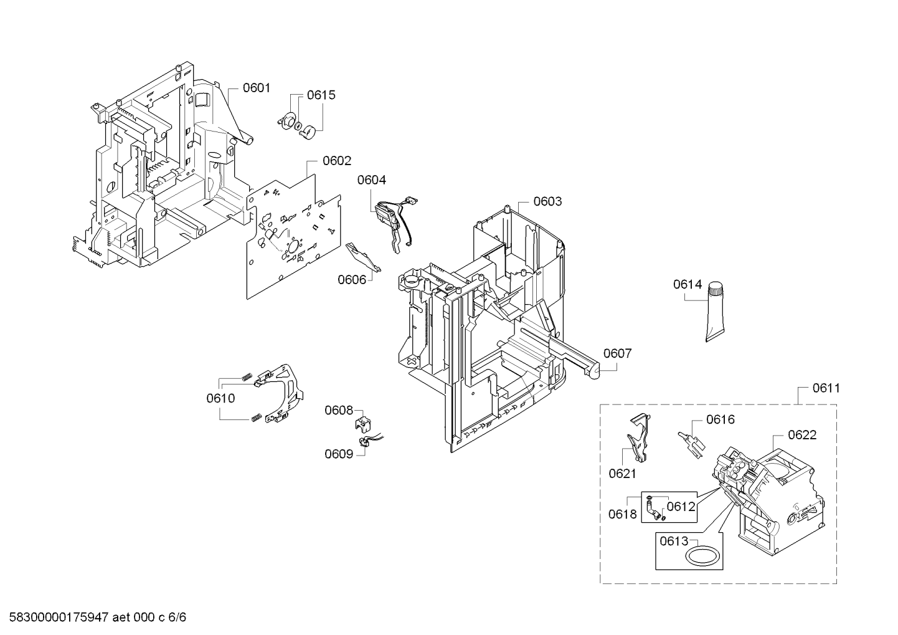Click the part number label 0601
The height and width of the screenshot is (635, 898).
point(257,88)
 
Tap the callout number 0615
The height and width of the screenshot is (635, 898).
point(321,95)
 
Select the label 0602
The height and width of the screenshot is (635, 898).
point(337,161)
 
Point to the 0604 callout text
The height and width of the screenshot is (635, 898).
point(372,180)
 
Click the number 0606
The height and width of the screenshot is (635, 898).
point(352,279)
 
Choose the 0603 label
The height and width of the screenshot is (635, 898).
point(547,201)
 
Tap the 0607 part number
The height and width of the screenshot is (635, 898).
point(617,353)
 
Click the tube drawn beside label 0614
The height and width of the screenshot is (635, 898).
point(716,312)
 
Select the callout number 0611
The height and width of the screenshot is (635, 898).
point(826,388)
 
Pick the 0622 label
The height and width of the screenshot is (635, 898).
point(802,435)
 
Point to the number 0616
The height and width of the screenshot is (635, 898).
point(720,419)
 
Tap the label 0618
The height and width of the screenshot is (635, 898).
point(623,514)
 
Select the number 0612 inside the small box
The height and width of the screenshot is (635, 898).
point(681,507)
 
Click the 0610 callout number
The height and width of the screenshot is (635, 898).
point(221,398)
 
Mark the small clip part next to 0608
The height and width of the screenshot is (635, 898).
point(362,424)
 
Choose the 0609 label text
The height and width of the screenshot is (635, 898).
point(339,454)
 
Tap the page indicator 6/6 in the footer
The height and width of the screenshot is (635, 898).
point(178,618)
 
